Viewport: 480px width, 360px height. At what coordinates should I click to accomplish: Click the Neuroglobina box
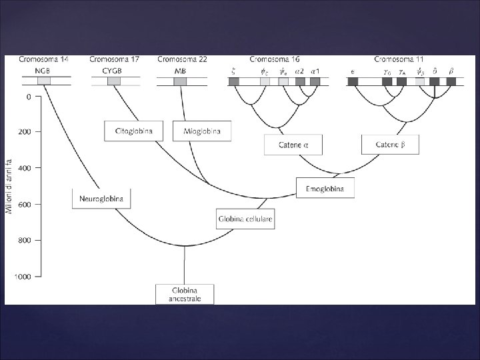click(x=102, y=199)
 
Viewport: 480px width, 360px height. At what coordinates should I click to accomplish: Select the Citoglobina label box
click(x=134, y=131)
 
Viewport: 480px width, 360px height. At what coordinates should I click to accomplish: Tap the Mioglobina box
click(x=201, y=131)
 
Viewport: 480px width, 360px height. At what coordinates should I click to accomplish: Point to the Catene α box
click(x=293, y=145)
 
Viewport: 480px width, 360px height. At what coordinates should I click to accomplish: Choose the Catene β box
click(x=390, y=145)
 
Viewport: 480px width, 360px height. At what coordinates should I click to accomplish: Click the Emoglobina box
click(x=325, y=188)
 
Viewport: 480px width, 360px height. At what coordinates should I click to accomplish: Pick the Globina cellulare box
click(x=245, y=219)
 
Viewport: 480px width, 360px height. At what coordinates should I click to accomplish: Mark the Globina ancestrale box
click(x=185, y=294)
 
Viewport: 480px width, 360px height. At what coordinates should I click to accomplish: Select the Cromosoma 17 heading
click(x=115, y=59)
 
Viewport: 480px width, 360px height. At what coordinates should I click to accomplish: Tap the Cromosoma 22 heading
click(x=182, y=59)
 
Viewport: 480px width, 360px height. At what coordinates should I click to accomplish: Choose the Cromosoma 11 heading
click(x=399, y=59)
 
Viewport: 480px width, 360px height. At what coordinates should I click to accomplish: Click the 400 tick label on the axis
click(x=23, y=168)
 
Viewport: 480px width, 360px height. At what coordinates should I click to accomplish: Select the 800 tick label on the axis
click(x=23, y=240)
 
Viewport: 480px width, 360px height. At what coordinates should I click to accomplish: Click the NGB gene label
click(x=43, y=70)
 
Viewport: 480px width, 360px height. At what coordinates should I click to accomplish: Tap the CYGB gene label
click(x=114, y=70)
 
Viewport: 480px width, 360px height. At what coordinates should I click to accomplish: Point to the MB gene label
click(x=181, y=70)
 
